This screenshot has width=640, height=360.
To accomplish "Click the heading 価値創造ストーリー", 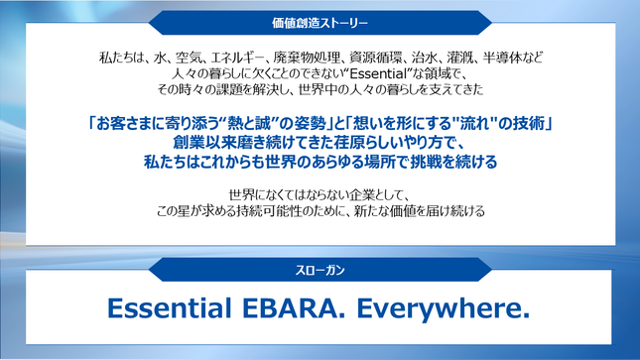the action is click(320, 23).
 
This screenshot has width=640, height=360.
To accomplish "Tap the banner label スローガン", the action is click(320, 270).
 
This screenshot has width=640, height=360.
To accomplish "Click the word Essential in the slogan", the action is click(169, 307).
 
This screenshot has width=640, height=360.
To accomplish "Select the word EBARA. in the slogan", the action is click(294, 307).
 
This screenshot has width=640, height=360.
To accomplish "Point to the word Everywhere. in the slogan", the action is click(444, 308).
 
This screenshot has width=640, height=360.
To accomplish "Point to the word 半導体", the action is click(499, 58).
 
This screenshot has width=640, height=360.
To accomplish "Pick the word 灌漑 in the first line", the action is click(460, 58).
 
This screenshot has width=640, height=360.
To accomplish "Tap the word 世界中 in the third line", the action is click(319, 89).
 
